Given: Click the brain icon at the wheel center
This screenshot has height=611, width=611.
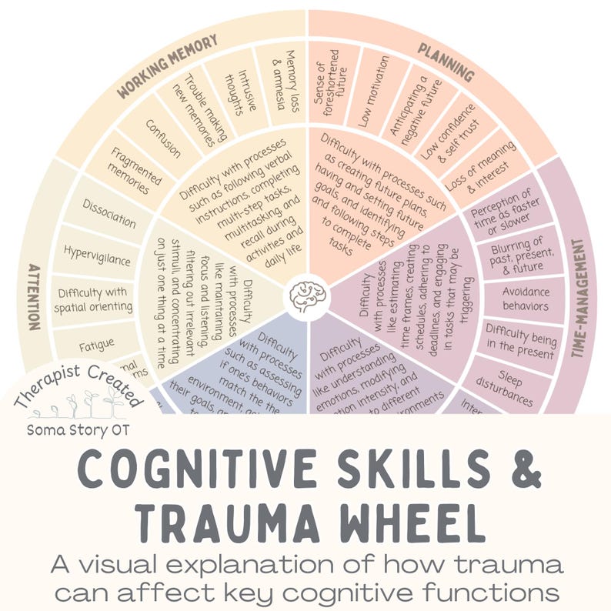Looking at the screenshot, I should pyautogui.click(x=305, y=292).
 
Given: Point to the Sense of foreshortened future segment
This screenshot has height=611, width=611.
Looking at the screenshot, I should pyautogui.click(x=331, y=81).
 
